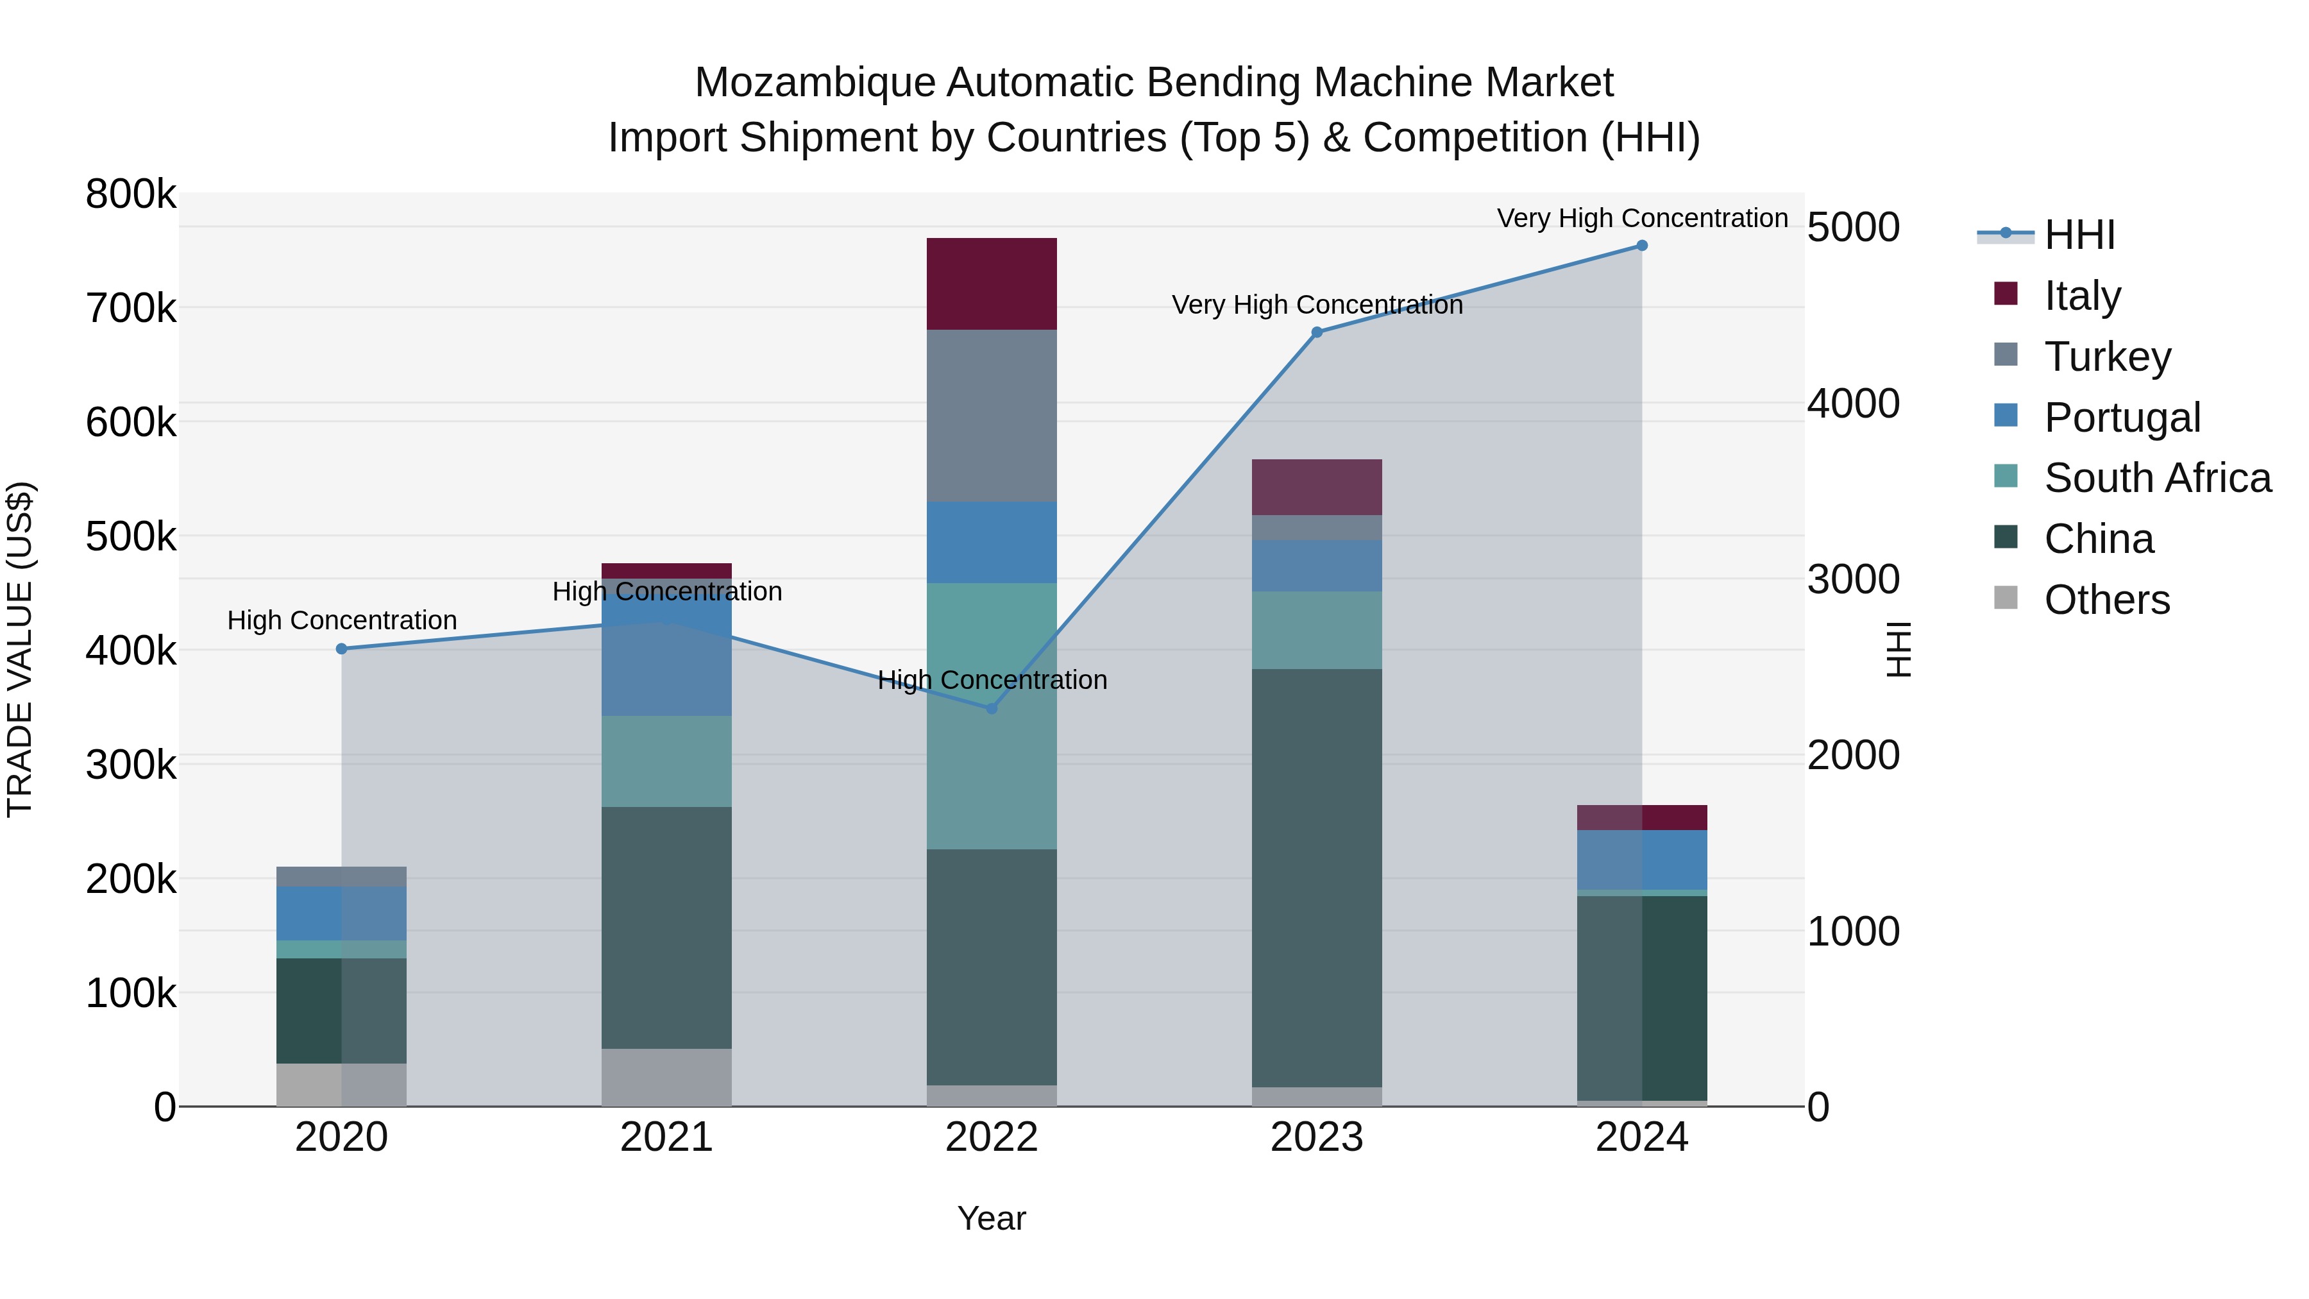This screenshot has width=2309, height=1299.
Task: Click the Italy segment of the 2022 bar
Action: (x=992, y=284)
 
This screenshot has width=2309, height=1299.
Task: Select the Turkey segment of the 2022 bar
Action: (x=992, y=415)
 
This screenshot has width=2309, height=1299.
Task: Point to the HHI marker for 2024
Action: (x=1642, y=246)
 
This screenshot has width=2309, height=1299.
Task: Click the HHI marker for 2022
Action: (x=992, y=708)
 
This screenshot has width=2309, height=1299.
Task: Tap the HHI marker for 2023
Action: (x=1317, y=332)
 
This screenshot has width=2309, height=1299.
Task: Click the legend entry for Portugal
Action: (x=2121, y=417)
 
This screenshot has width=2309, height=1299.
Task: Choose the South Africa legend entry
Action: (x=2156, y=478)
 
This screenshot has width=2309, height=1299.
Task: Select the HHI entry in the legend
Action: (x=2079, y=235)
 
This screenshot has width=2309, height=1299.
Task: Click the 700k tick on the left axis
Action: (x=131, y=309)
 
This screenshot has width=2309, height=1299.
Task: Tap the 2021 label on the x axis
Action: (x=666, y=1137)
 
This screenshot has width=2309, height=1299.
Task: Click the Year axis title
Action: (x=992, y=1218)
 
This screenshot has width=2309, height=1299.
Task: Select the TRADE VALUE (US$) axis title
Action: (x=21, y=649)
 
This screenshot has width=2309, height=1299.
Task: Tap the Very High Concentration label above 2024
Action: (x=1642, y=218)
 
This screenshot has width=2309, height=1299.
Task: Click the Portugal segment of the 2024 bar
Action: (x=1642, y=859)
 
